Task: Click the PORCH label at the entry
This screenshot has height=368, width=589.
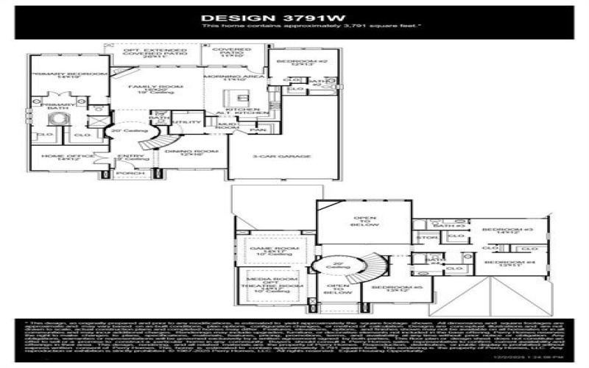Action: tap(127, 174)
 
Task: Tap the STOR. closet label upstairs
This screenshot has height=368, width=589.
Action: tap(427, 238)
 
